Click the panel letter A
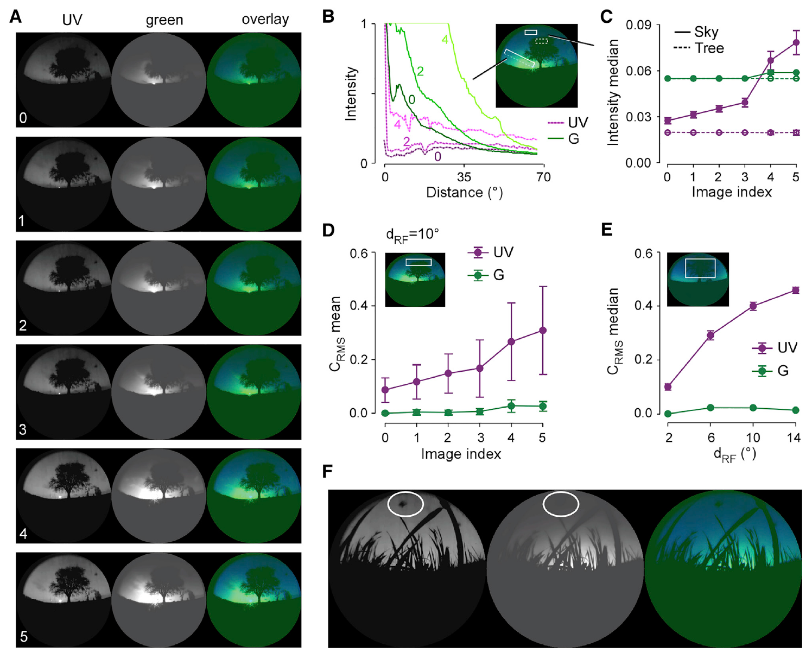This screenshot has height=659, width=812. point(16,17)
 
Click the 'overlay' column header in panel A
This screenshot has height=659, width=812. point(265,20)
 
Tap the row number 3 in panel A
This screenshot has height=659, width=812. point(23,429)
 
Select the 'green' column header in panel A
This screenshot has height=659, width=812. point(164,21)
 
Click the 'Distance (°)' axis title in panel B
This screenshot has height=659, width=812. point(465,193)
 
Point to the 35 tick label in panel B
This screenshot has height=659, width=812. point(464,177)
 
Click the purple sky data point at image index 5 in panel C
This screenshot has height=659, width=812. point(796,42)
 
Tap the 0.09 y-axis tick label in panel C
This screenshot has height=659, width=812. point(638,25)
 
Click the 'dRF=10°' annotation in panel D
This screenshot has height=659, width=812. point(412,235)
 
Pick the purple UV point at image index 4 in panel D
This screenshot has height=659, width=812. point(511,341)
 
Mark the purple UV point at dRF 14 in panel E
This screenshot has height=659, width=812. point(796,290)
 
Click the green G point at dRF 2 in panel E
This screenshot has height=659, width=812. point(668,414)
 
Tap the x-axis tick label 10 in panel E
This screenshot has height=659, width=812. point(753,438)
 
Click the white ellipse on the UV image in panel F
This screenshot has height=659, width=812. point(405,503)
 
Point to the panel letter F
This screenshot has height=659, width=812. point(328,471)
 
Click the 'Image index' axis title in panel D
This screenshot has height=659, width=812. point(461,454)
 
